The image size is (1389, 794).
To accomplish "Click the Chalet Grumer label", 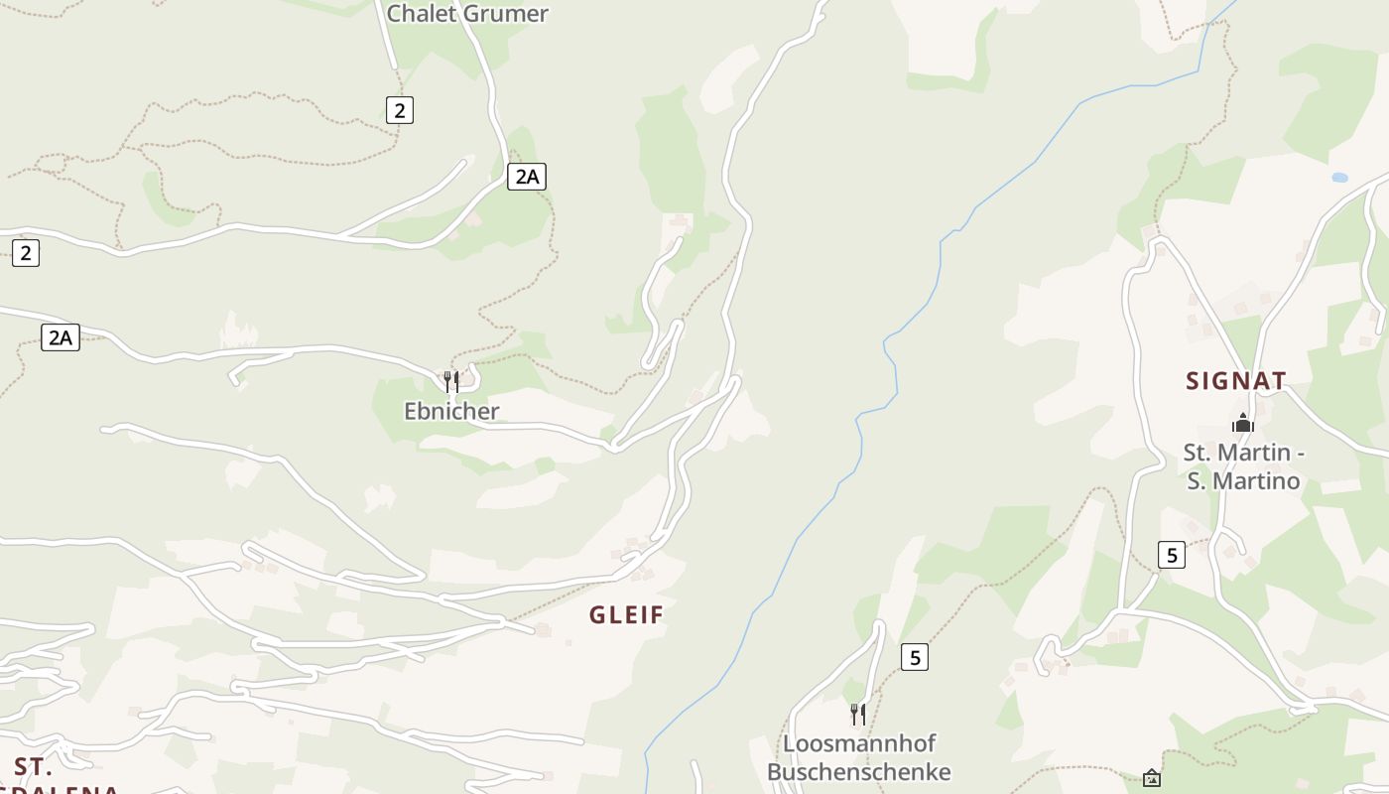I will pos(466,14).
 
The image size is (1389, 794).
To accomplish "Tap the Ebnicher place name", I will pos(451,411).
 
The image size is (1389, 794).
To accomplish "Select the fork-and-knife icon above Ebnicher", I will pos(451,381).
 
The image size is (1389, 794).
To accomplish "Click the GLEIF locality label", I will pos(627,615).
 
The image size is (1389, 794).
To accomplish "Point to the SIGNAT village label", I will pos(1236,381).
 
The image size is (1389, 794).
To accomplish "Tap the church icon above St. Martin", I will pos(1243,423).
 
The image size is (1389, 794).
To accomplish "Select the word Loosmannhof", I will pos(859,743).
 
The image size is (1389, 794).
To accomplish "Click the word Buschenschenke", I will pos(859,772).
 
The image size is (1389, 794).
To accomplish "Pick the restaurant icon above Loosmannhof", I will pos(858,713).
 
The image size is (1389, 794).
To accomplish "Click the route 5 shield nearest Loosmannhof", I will pos(915,657).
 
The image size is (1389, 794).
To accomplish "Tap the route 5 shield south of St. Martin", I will pos(1172,555).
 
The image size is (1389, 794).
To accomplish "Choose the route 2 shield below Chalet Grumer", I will pos(400,110).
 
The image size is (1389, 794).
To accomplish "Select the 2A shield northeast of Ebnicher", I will pos(527,177).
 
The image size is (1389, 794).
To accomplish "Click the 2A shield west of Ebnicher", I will pos(61,337).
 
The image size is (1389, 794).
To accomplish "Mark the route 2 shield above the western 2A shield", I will pos(26,253).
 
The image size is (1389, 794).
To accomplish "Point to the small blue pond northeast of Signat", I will pos(1339,178).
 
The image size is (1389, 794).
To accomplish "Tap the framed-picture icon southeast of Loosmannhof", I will pos(1152,777).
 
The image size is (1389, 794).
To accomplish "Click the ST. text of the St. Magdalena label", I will pos(33,767).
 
